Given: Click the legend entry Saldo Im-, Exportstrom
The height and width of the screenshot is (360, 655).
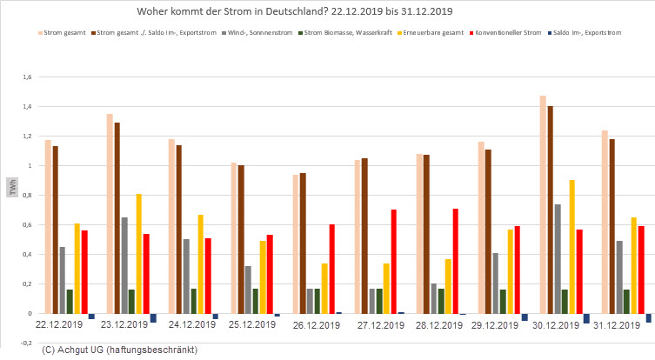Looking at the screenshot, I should point(592,33).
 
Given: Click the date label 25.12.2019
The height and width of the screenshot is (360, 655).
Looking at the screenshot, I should point(253,325).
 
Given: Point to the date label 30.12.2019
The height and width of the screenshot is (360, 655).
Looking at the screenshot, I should point(562,325).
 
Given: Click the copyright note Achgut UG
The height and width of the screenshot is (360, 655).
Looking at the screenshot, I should point(119,350).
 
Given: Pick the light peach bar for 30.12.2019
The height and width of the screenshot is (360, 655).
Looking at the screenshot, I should point(544,204).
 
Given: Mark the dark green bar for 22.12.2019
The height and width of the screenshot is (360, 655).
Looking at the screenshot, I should point(70,301).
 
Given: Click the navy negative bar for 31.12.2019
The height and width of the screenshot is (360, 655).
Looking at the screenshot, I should point(649,317).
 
